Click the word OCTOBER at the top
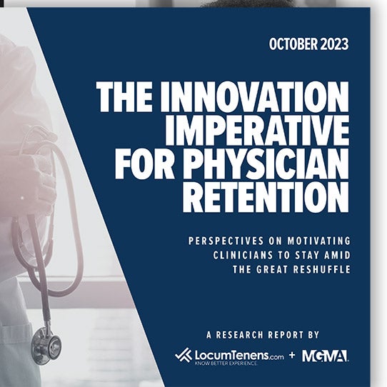tap(294, 44)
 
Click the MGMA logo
tap(325, 355)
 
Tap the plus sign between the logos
tap(291, 355)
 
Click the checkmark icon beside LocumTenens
tap(183, 355)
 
